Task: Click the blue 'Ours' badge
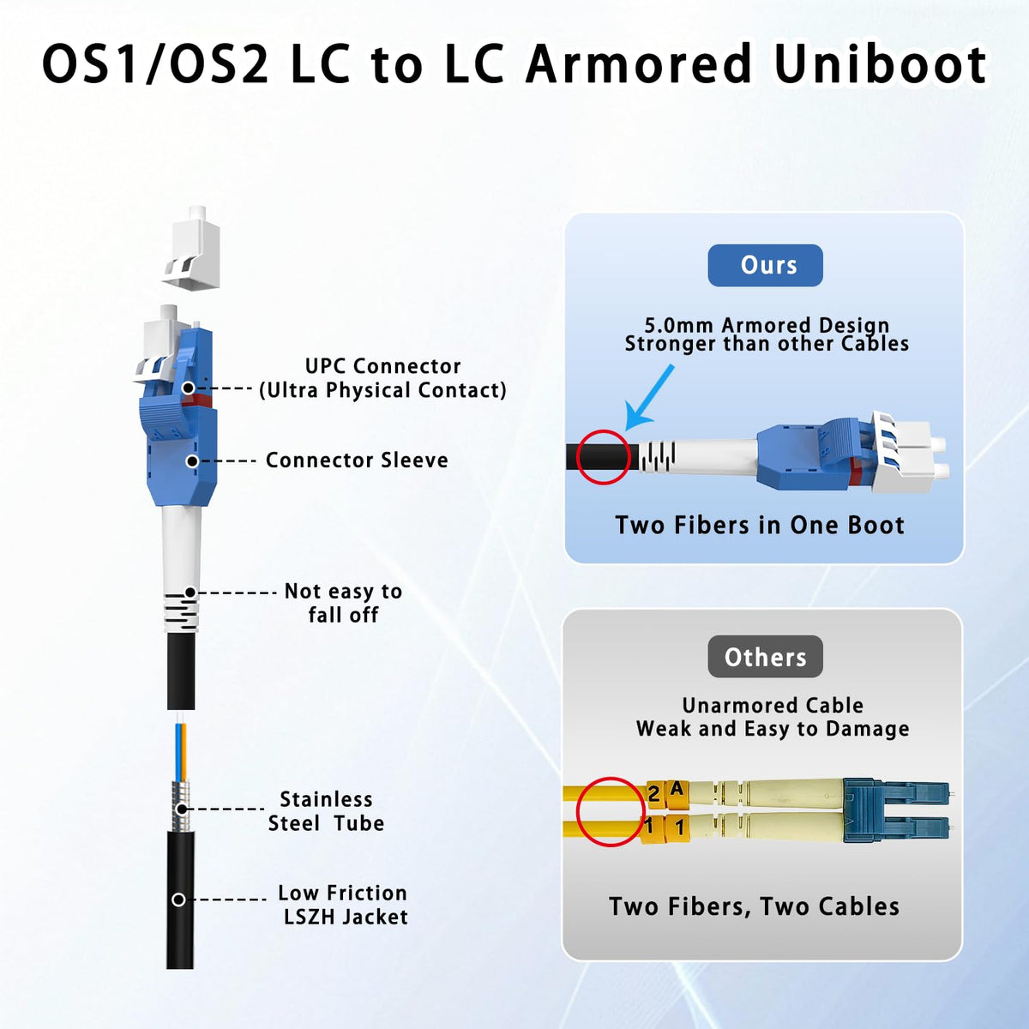click(x=765, y=265)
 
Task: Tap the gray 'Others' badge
click(x=765, y=657)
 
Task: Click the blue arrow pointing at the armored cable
click(x=649, y=397)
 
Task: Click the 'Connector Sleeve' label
click(x=357, y=460)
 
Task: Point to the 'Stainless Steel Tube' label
click(x=326, y=811)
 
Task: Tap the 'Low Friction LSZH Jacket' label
click(x=343, y=905)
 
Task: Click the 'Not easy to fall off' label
click(x=343, y=603)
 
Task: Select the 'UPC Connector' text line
click(x=382, y=366)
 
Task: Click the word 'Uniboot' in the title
click(x=882, y=64)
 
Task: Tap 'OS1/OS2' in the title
click(x=155, y=64)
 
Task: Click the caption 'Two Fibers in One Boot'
click(x=760, y=526)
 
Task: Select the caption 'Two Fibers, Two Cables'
click(x=754, y=906)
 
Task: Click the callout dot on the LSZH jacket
click(x=179, y=900)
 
